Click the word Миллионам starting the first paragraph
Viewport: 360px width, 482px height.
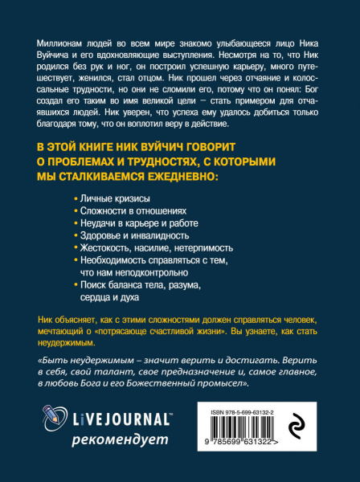[x=63, y=42]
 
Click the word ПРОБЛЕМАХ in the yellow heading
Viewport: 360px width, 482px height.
[x=96, y=161]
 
